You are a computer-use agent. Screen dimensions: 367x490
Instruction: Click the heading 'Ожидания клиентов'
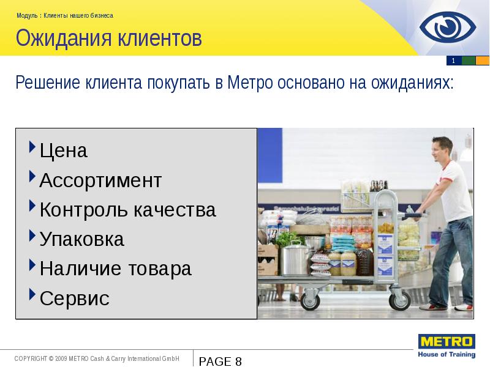click(108, 39)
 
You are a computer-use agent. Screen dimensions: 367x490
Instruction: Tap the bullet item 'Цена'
click(64, 150)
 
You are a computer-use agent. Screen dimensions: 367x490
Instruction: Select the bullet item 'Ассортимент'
click(100, 180)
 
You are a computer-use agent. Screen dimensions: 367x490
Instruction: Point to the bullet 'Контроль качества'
click(127, 210)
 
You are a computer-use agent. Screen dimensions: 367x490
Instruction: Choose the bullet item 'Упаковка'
click(81, 239)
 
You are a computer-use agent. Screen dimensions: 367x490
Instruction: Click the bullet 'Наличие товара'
click(115, 269)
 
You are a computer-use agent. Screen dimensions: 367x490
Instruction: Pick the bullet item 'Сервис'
click(74, 298)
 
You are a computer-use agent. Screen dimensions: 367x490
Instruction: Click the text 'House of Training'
click(445, 354)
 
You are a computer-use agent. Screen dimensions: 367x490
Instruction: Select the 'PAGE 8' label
click(221, 361)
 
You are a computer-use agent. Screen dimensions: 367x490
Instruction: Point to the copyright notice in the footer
click(97, 358)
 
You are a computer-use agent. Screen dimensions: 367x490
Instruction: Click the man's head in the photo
click(442, 149)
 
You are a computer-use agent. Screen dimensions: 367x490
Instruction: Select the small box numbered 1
click(453, 61)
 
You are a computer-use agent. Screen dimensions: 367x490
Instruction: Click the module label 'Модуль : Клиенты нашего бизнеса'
click(64, 15)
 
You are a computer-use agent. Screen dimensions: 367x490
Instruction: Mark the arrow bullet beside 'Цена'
click(32, 147)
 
